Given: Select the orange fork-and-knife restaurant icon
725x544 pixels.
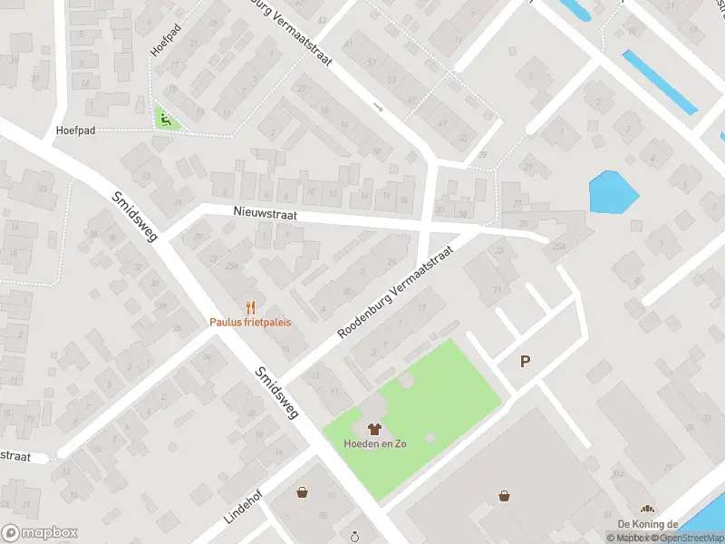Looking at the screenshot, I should pos(250,307).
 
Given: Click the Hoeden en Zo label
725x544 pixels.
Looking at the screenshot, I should pos(373,443).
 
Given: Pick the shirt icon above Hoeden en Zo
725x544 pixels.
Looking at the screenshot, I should pos(373,428).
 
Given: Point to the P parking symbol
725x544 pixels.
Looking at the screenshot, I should pos(525,361).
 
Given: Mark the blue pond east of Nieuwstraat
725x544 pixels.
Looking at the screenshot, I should pos(613,192).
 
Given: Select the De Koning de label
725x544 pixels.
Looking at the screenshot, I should pos(648,524).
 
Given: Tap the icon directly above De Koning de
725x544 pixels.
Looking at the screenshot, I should pos(647,510).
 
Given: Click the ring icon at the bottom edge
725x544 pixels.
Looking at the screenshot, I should pos(356,537).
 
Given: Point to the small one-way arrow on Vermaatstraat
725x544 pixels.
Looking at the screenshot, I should pos(379,107).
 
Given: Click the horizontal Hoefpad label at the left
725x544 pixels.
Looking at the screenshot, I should pos(76,131).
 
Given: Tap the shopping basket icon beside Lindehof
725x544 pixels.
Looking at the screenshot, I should pos(302,492).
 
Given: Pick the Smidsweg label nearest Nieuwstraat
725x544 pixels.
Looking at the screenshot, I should pos(135,216).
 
